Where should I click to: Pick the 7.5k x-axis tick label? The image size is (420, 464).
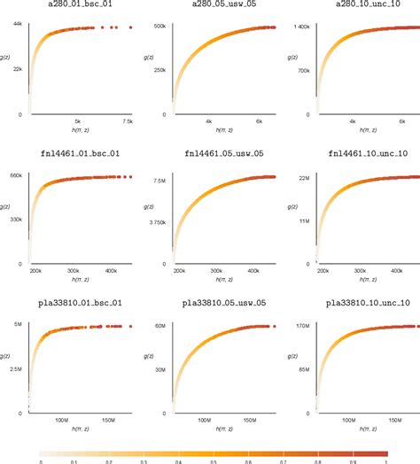(128, 121)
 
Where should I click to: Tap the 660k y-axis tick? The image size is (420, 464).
(16, 175)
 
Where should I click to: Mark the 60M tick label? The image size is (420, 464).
(161, 326)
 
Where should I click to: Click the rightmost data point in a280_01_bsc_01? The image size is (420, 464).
(129, 27)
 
